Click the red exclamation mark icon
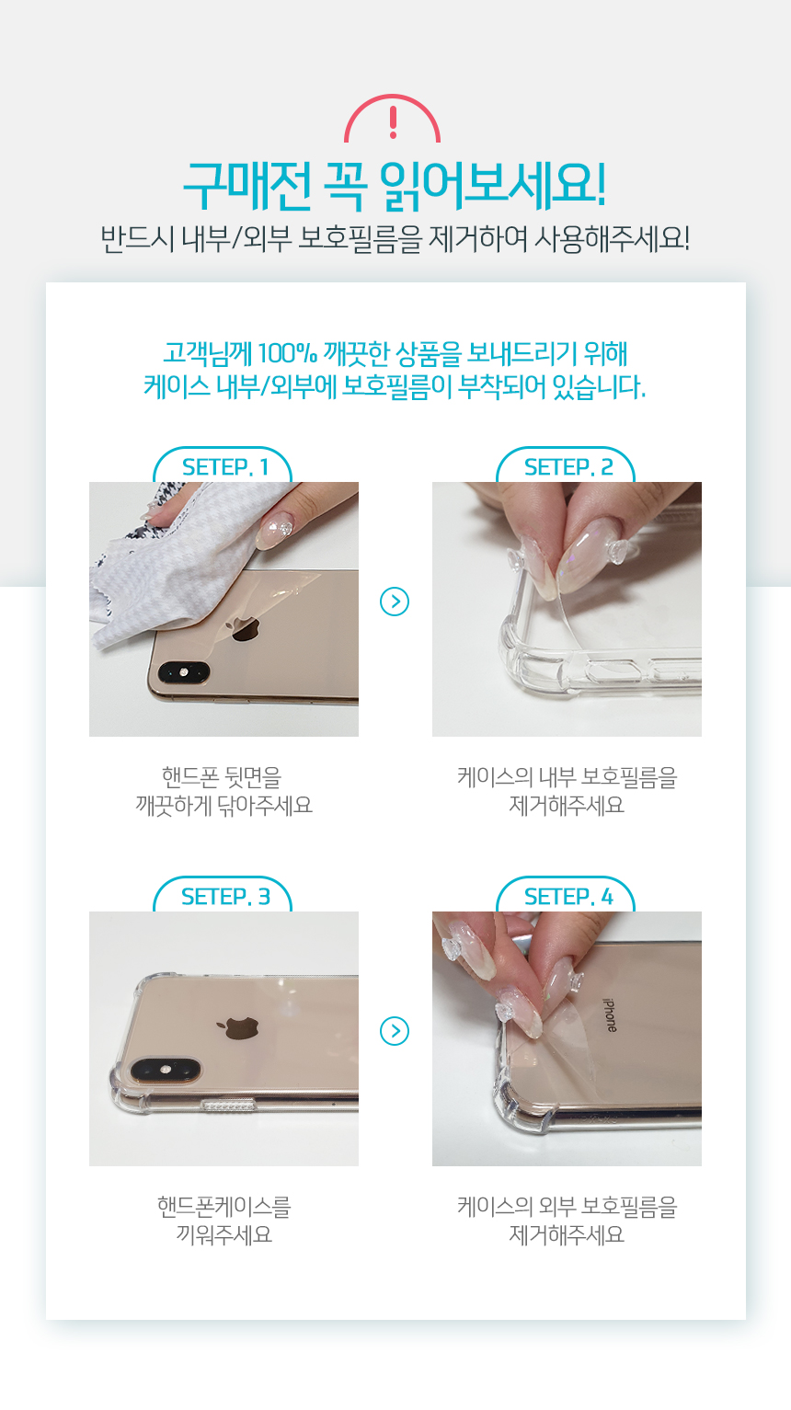(x=393, y=121)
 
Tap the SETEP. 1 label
(x=225, y=467)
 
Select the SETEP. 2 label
(x=568, y=467)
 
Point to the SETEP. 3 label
(x=225, y=897)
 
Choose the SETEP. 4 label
(x=568, y=897)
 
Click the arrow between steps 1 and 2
(x=395, y=602)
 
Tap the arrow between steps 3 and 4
(x=395, y=1031)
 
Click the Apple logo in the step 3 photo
(x=238, y=1028)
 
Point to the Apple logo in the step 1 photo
(x=246, y=629)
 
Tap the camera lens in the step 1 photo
(x=183, y=672)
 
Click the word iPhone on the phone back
(x=610, y=1015)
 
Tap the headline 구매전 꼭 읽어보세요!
(x=395, y=187)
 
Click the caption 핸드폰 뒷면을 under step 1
(x=222, y=777)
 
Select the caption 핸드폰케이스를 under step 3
(x=224, y=1207)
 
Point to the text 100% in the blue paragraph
(x=287, y=354)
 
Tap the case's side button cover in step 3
(x=228, y=1106)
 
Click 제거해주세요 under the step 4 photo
(x=567, y=1234)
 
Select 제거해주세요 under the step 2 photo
(x=567, y=805)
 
